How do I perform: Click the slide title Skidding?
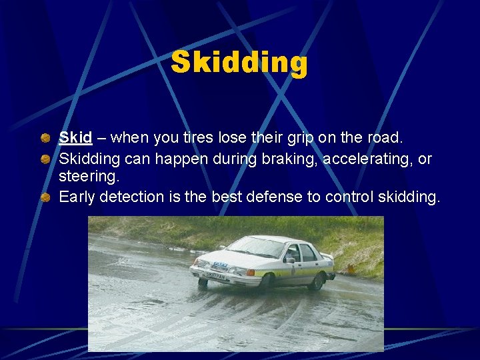point(239,63)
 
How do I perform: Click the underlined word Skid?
point(75,138)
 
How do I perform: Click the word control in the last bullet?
point(351,197)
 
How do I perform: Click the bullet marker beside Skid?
point(45,139)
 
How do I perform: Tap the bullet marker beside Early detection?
point(45,197)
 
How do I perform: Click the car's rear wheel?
point(315,282)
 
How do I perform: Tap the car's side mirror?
point(289,259)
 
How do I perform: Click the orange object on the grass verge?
point(351,269)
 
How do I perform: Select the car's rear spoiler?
point(327,255)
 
